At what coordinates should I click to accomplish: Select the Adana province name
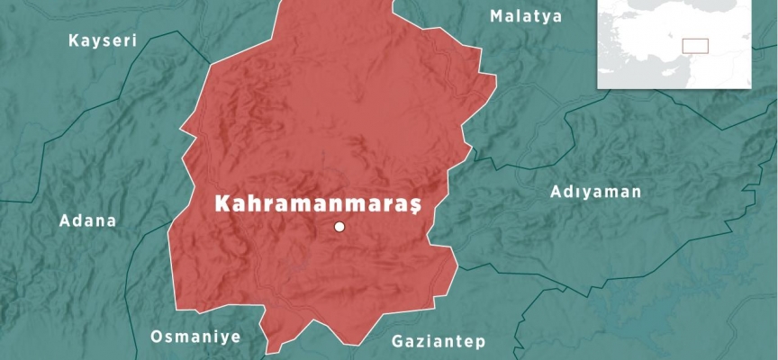(x=87, y=220)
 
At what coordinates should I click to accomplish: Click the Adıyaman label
(x=595, y=192)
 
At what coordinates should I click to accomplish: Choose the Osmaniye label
(x=194, y=337)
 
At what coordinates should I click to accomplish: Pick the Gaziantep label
(x=439, y=342)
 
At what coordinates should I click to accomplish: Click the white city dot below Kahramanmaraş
(x=339, y=227)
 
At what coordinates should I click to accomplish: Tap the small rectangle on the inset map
(x=695, y=46)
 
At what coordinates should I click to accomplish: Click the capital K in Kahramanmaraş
(x=221, y=204)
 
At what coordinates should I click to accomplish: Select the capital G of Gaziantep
(x=398, y=342)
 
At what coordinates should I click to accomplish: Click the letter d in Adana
(x=76, y=220)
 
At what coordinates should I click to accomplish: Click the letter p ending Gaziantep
(x=481, y=344)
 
